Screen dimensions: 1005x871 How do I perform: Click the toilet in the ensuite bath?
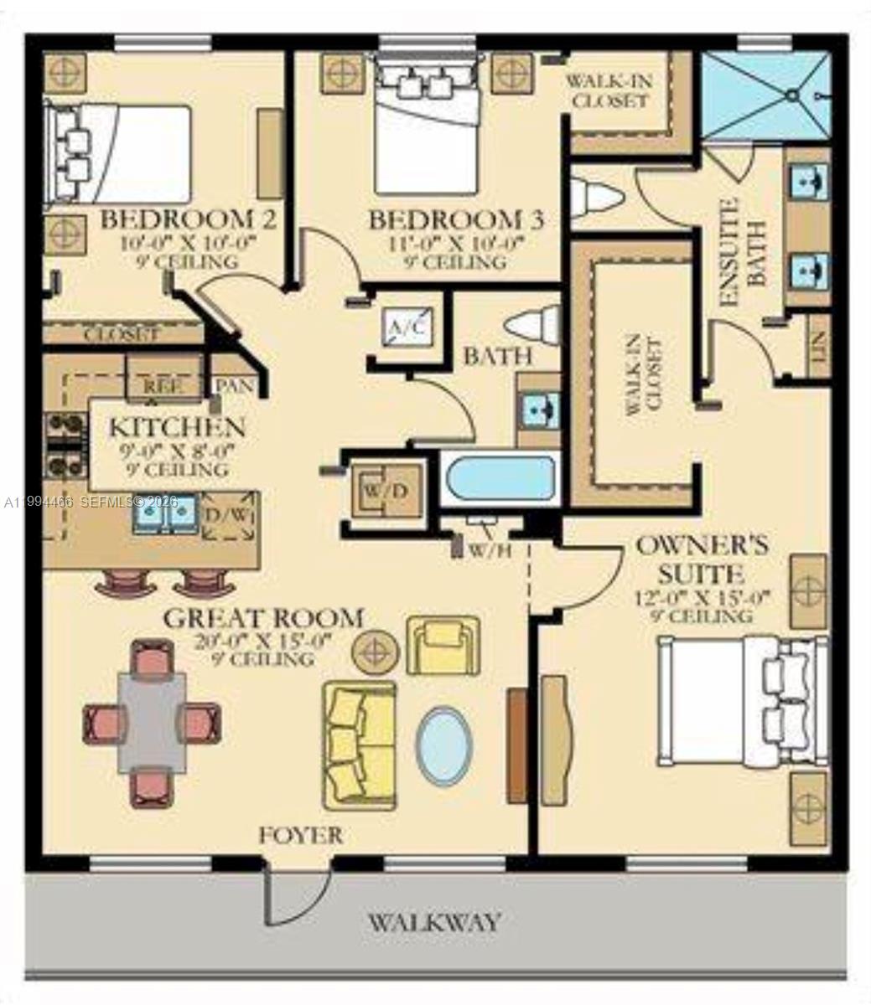pyautogui.click(x=597, y=198)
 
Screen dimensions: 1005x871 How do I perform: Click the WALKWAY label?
pyautogui.click(x=434, y=923)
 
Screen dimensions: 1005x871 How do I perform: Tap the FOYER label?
pyautogui.click(x=300, y=835)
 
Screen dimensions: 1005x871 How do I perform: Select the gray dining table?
pyautogui.click(x=152, y=722)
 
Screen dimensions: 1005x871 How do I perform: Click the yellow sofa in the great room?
pyautogui.click(x=360, y=745)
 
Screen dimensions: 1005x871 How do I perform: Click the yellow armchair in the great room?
pyautogui.click(x=443, y=645)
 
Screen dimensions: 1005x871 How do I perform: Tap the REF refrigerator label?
pyautogui.click(x=163, y=386)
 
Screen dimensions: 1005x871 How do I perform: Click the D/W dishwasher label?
pyautogui.click(x=228, y=513)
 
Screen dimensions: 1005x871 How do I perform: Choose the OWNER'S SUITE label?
pyautogui.click(x=701, y=559)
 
